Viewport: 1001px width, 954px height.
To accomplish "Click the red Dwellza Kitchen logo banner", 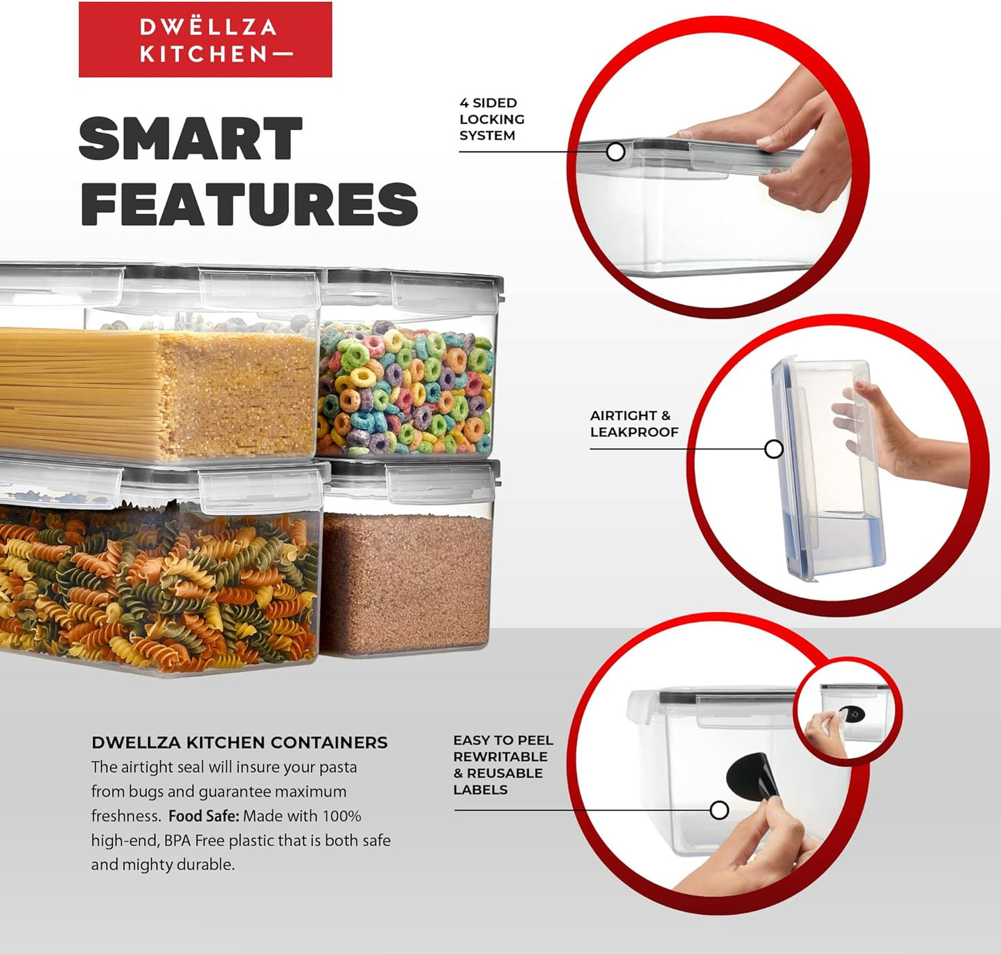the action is coord(205,39).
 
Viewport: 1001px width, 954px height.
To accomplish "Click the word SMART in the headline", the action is coord(191,138).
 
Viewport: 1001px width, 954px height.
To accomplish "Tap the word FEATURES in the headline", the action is coord(249,204).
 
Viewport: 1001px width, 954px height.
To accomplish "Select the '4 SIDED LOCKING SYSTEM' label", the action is coord(491,119).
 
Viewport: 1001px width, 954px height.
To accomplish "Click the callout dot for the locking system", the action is coord(616,152).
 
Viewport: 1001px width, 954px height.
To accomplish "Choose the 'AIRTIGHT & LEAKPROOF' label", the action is coord(634,423).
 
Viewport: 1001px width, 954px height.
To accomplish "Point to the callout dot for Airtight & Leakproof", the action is coord(774,449).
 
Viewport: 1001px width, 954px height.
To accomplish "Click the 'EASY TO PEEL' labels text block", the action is coord(502,765).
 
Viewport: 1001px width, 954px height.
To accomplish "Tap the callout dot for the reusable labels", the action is coord(719,810).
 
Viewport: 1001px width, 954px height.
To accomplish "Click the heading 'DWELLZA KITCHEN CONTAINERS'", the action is coord(239,743).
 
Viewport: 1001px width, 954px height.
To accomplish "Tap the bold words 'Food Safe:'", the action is coord(204,816).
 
